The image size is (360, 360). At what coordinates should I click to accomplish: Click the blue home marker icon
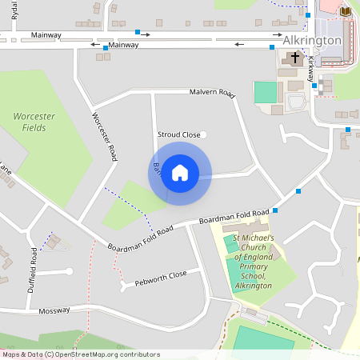pos(180,173)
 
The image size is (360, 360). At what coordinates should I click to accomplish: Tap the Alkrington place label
pos(312,40)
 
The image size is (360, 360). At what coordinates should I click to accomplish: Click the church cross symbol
pos(294,58)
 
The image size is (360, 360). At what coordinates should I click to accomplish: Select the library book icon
pos(346,11)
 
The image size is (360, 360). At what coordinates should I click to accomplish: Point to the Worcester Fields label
pos(34,122)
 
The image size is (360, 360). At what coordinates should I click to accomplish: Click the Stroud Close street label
pos(179,135)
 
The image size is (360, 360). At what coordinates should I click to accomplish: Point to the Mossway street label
pos(54,310)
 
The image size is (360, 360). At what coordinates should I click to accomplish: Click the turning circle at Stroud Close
pos(204,134)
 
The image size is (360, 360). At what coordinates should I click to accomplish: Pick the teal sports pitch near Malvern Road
pos(263,92)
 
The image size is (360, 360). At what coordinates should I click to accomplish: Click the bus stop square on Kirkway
pos(314,85)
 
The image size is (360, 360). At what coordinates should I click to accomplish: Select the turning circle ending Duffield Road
pos(70,271)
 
